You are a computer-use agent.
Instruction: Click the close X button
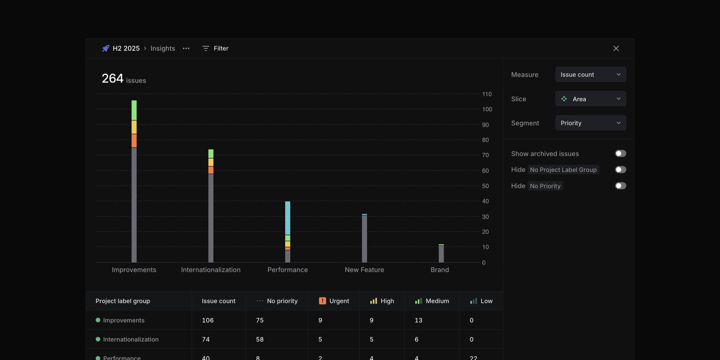[616, 48]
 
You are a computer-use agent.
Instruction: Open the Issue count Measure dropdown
[590, 75]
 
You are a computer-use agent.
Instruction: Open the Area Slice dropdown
[590, 99]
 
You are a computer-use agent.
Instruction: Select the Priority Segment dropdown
[590, 123]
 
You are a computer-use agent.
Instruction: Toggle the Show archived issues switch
[620, 153]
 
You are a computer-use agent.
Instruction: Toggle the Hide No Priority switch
[620, 186]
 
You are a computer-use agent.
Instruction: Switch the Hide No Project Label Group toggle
[620, 170]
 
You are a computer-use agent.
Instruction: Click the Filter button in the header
[215, 48]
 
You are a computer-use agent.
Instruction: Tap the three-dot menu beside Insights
[186, 48]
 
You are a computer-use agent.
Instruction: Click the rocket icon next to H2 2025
[106, 48]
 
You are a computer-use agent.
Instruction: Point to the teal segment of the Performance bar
[288, 218]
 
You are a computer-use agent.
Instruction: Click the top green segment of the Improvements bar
[134, 110]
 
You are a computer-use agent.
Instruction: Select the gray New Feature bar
[364, 239]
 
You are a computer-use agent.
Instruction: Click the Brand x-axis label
[440, 270]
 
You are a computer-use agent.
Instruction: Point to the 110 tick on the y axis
[487, 94]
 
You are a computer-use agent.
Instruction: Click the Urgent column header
[334, 301]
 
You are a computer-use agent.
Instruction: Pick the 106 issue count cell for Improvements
[208, 320]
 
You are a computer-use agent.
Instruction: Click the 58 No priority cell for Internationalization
[260, 339]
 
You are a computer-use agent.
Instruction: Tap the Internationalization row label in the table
[131, 339]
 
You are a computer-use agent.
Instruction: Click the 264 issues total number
[113, 79]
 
